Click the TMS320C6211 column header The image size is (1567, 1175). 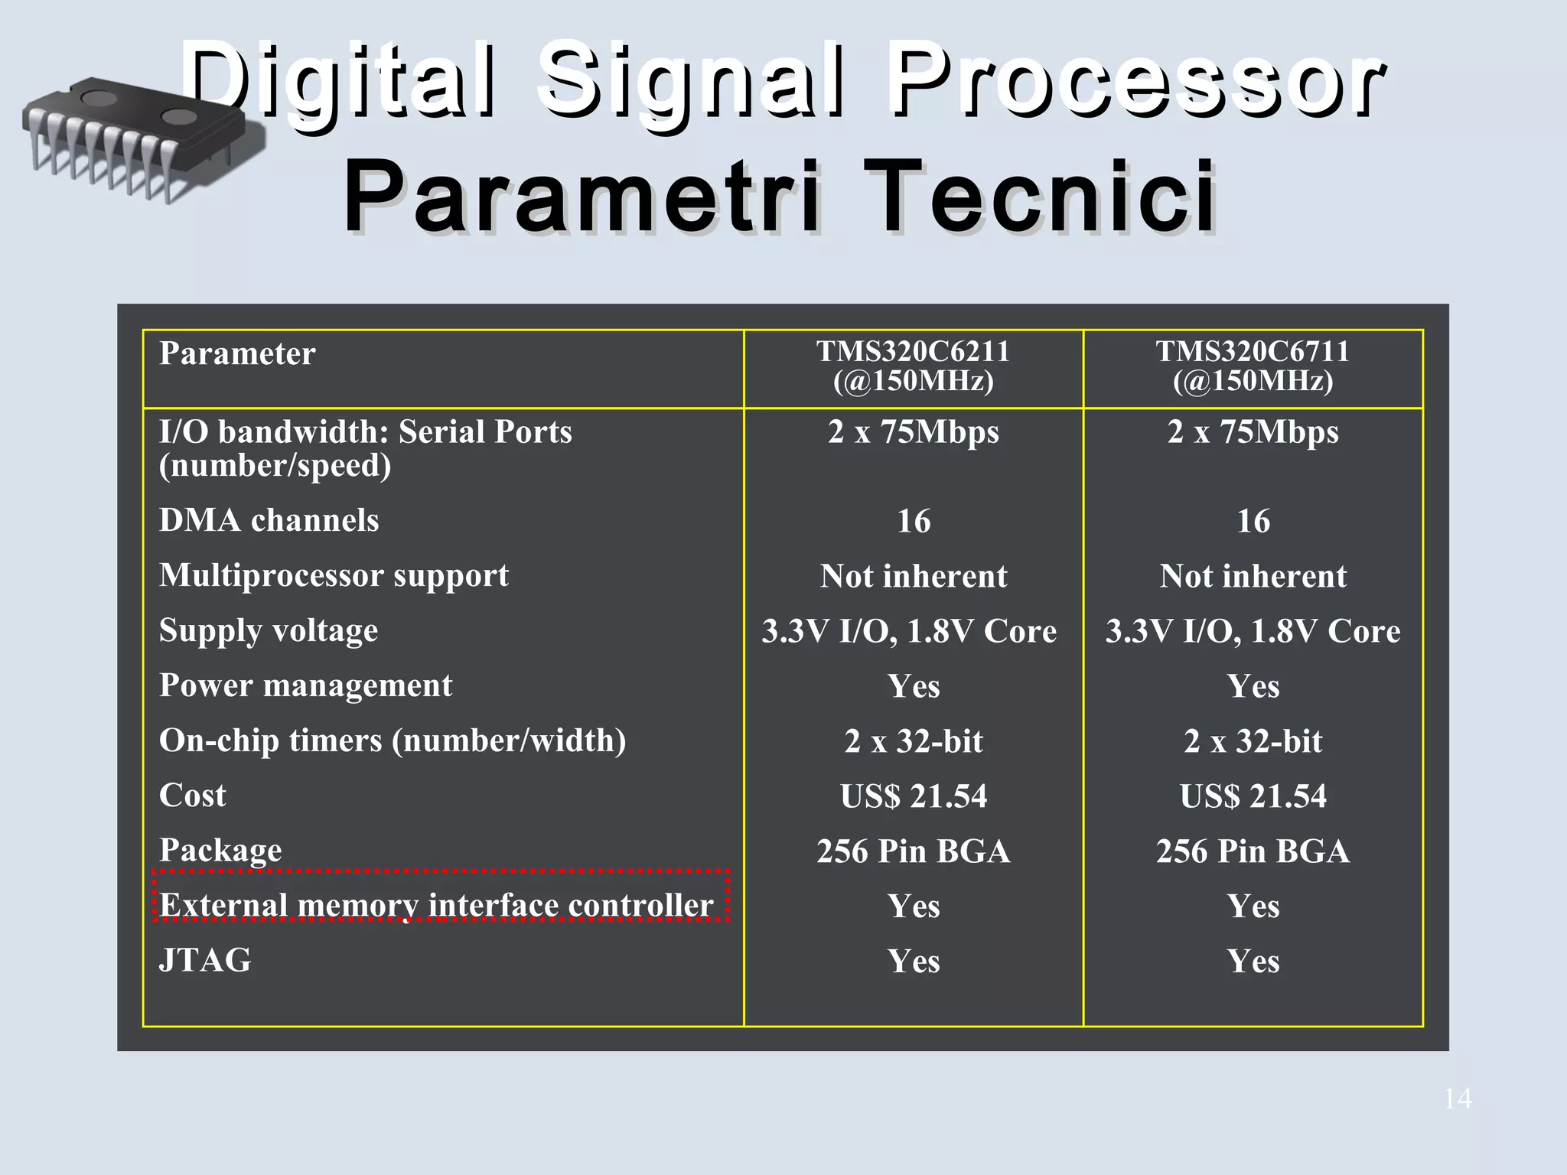[x=913, y=366]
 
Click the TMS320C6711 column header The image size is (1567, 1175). [x=1253, y=366]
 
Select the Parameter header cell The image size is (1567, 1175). [x=237, y=354]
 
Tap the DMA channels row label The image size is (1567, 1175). [x=269, y=520]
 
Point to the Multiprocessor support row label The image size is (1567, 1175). [x=334, y=575]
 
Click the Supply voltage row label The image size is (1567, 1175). [x=269, y=630]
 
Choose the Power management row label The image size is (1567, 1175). [x=305, y=685]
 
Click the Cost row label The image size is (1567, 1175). [x=193, y=796]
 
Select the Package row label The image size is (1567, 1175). [x=220, y=851]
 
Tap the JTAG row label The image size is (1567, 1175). [x=205, y=960]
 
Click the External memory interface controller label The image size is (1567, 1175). [x=436, y=905]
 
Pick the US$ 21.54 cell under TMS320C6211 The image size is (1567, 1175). [x=913, y=796]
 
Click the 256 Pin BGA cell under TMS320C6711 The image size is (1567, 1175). [x=1253, y=851]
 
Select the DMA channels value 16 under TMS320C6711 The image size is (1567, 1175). [x=1253, y=522]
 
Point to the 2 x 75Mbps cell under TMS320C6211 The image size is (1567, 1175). [x=913, y=432]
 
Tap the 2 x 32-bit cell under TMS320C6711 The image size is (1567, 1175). [x=1253, y=741]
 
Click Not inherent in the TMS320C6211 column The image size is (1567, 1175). [x=913, y=576]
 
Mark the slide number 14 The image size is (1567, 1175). [x=1457, y=1099]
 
